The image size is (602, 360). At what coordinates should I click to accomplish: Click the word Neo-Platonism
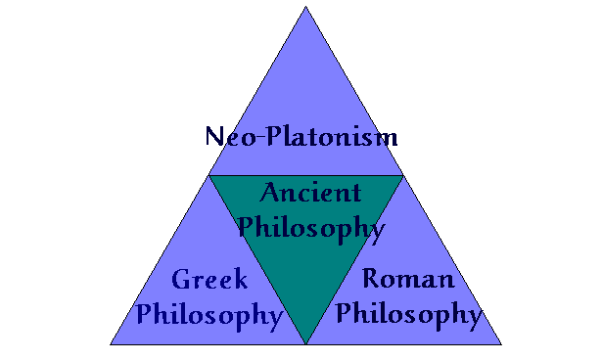click(301, 135)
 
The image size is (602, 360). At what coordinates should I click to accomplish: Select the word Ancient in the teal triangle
click(310, 194)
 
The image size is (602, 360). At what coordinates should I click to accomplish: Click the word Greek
click(209, 282)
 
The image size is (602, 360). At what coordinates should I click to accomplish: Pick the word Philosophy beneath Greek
click(209, 315)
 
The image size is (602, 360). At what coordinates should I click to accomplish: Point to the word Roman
click(408, 280)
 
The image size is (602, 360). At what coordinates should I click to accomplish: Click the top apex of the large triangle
click(305, 7)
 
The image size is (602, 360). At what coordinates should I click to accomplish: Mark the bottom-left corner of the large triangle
click(111, 344)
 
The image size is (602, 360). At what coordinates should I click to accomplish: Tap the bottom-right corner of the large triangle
click(501, 344)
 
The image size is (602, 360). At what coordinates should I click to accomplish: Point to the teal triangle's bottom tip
click(305, 343)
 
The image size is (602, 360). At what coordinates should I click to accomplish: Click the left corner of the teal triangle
click(209, 176)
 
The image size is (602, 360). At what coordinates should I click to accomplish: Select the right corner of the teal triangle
click(402, 176)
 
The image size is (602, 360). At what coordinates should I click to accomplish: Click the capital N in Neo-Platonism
click(216, 135)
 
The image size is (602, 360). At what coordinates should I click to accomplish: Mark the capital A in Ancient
click(271, 193)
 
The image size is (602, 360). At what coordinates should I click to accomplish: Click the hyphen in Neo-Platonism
click(255, 137)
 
